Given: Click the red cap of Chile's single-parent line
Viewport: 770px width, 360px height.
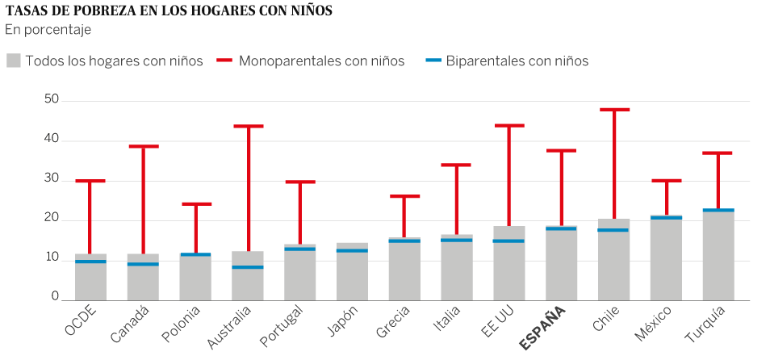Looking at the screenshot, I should [614, 109].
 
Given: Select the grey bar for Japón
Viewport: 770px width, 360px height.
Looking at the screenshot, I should [352, 274].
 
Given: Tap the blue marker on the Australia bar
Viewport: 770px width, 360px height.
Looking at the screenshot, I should [247, 267].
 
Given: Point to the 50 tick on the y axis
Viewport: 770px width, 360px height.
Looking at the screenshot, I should [52, 99].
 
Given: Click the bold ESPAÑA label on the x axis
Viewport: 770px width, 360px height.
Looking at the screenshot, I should [543, 327].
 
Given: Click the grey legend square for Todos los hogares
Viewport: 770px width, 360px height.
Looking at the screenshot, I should [13, 61].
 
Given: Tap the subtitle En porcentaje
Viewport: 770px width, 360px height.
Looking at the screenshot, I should [48, 30].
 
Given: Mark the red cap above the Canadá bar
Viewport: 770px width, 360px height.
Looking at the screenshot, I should [143, 146].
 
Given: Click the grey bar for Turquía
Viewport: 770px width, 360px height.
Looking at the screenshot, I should [718, 258].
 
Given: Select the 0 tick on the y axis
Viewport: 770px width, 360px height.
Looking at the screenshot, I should [55, 297].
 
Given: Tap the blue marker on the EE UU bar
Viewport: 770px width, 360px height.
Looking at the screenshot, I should [509, 241].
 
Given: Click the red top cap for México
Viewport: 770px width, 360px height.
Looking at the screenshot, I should [667, 180].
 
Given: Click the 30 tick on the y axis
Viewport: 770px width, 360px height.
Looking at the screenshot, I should [52, 178].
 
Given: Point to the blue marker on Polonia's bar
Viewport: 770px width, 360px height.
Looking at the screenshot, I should [195, 254].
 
